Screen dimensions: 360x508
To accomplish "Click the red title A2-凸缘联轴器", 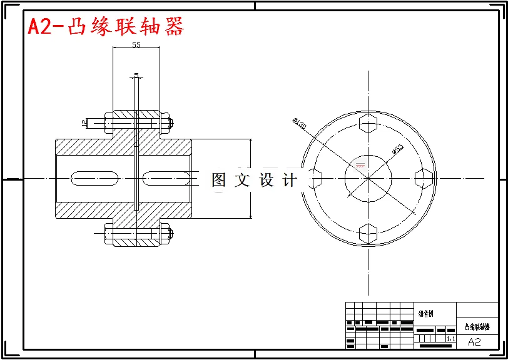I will pyautogui.click(x=106, y=27).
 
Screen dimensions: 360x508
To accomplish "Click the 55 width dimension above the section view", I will pyautogui.click(x=136, y=45).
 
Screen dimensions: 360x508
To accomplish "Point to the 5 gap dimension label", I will pyautogui.click(x=136, y=76).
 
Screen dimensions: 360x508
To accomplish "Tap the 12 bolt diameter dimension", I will pyautogui.click(x=83, y=123).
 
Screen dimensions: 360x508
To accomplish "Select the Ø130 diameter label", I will pyautogui.click(x=299, y=123).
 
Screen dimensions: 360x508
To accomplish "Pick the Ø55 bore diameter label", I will pyautogui.click(x=397, y=149).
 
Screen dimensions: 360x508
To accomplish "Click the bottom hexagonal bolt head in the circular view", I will pyautogui.click(x=368, y=233).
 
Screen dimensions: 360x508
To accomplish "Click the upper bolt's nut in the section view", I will pyautogui.click(x=166, y=123).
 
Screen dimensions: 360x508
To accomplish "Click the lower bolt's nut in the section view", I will pyautogui.click(x=166, y=235).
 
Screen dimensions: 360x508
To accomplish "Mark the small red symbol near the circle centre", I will pyautogui.click(x=359, y=166).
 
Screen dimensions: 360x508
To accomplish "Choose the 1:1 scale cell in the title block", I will pyautogui.click(x=450, y=339).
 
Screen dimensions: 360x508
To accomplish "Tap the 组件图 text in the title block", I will pyautogui.click(x=426, y=314).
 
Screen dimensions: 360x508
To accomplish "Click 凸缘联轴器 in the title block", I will pyautogui.click(x=477, y=327).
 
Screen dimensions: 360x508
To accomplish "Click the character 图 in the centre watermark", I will pyautogui.click(x=219, y=180).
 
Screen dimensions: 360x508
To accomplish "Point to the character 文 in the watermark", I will pyautogui.click(x=242, y=180).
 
